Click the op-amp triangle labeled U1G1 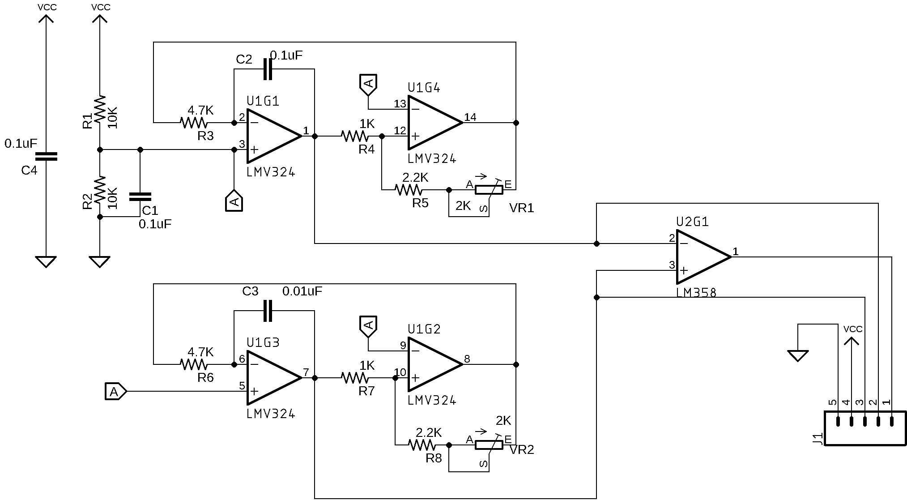[x=273, y=136]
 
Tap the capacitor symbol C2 [x=268, y=69]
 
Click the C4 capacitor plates [x=46, y=156]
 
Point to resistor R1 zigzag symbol [x=100, y=109]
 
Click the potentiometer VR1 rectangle [x=489, y=190]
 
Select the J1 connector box [x=865, y=429]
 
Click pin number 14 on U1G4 [x=470, y=117]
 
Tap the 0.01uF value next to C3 [x=302, y=291]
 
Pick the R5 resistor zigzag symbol [x=409, y=190]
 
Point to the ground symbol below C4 [x=46, y=261]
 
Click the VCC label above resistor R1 [x=100, y=7]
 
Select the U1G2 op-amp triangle [x=434, y=364]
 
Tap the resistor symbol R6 [x=194, y=364]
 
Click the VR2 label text [x=522, y=450]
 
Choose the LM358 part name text [x=696, y=293]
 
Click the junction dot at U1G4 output [x=516, y=123]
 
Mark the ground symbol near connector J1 [x=798, y=356]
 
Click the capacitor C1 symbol [x=140, y=197]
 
